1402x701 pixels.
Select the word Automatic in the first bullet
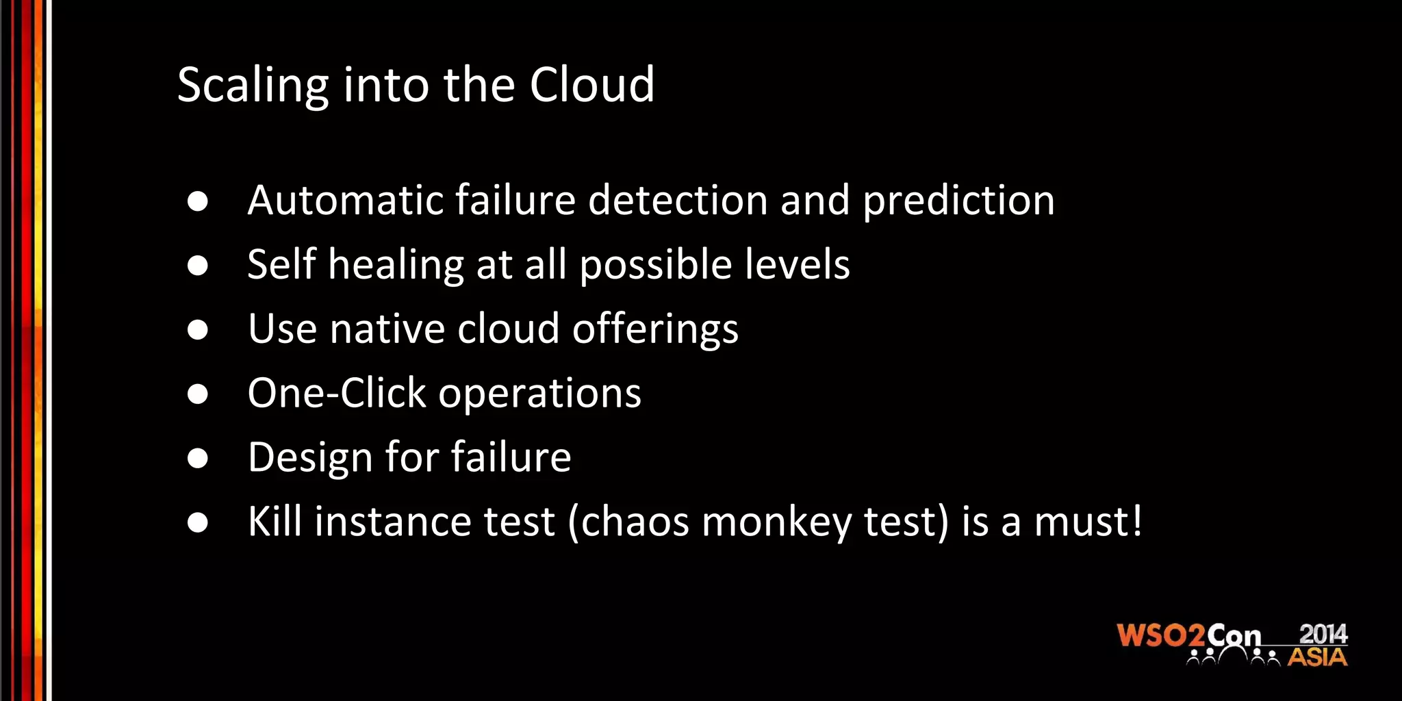point(346,201)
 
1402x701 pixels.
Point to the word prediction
point(958,202)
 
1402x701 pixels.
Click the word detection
point(678,201)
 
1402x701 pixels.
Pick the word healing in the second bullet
point(396,266)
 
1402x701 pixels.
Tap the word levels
point(797,264)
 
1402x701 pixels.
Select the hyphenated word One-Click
point(337,394)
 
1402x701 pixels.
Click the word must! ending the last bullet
point(1088,522)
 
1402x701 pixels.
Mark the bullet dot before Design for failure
point(198,458)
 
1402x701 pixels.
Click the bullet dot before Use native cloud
point(198,330)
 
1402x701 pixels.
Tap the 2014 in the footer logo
point(1323,634)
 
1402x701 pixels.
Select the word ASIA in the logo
point(1317,658)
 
